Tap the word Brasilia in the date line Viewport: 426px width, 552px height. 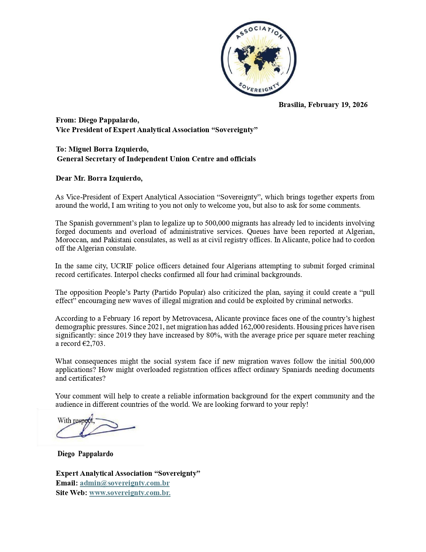(292, 105)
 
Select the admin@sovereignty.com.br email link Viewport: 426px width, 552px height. (125, 483)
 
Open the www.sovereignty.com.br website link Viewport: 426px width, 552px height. (130, 493)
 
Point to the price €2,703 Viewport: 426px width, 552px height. (93, 344)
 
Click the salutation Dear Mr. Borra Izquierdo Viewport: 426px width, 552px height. (99, 178)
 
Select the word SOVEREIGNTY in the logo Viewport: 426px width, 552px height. (259, 86)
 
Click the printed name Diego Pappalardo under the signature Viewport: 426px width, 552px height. (85, 454)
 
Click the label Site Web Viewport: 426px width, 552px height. (71, 493)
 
